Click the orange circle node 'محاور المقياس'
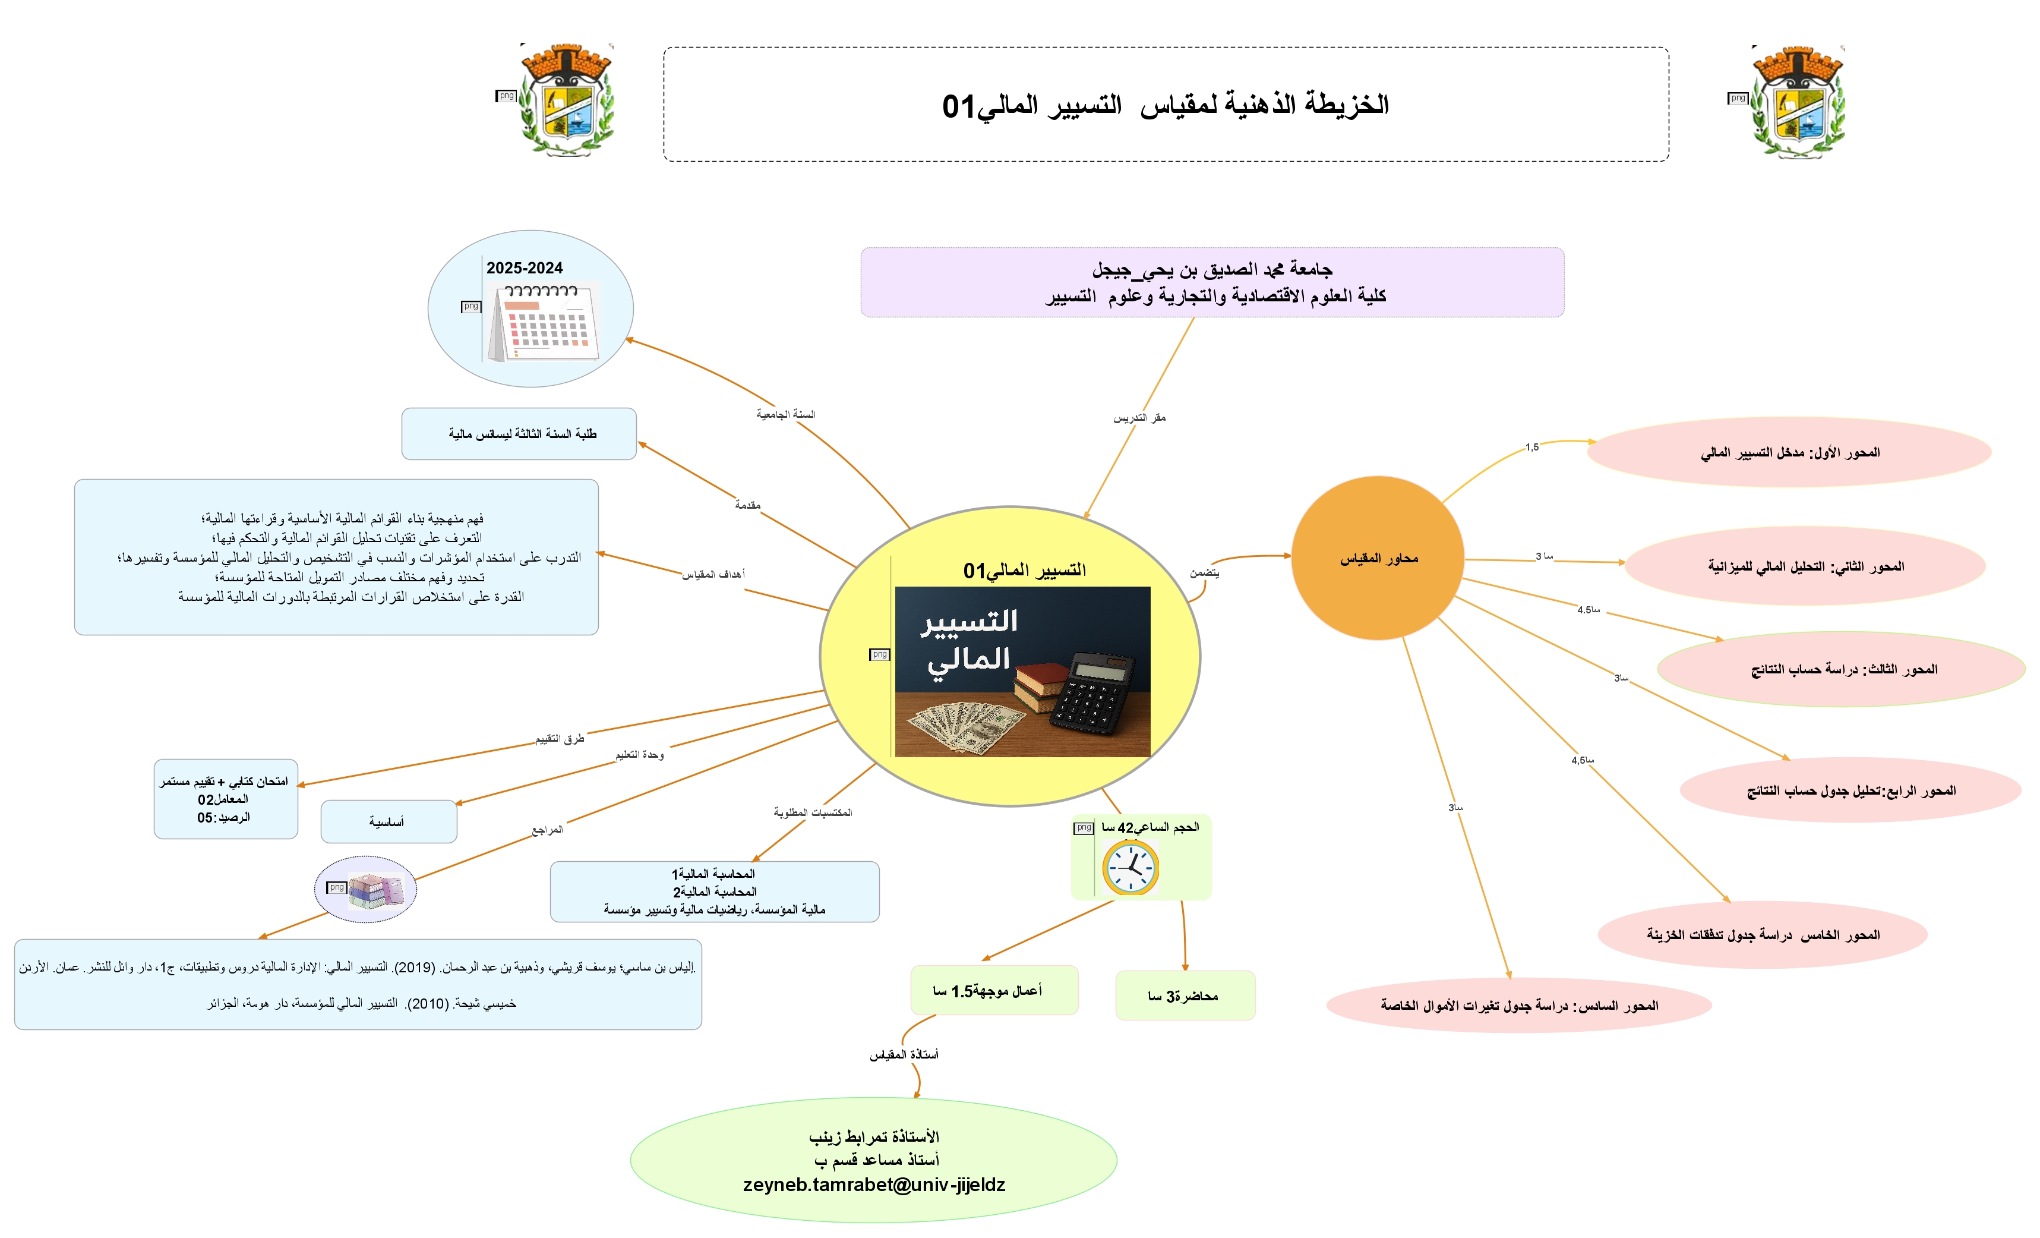(x=1378, y=558)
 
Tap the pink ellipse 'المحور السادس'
(x=1518, y=1005)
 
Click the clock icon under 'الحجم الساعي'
(x=1130, y=867)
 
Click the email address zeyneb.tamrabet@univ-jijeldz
(x=873, y=1185)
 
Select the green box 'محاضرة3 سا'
(x=1185, y=996)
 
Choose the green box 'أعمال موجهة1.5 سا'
(x=993, y=990)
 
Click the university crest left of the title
(x=566, y=100)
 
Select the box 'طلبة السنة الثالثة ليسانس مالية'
(x=519, y=434)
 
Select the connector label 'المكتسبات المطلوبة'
(x=812, y=812)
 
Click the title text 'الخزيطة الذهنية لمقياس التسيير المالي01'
(x=1165, y=105)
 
